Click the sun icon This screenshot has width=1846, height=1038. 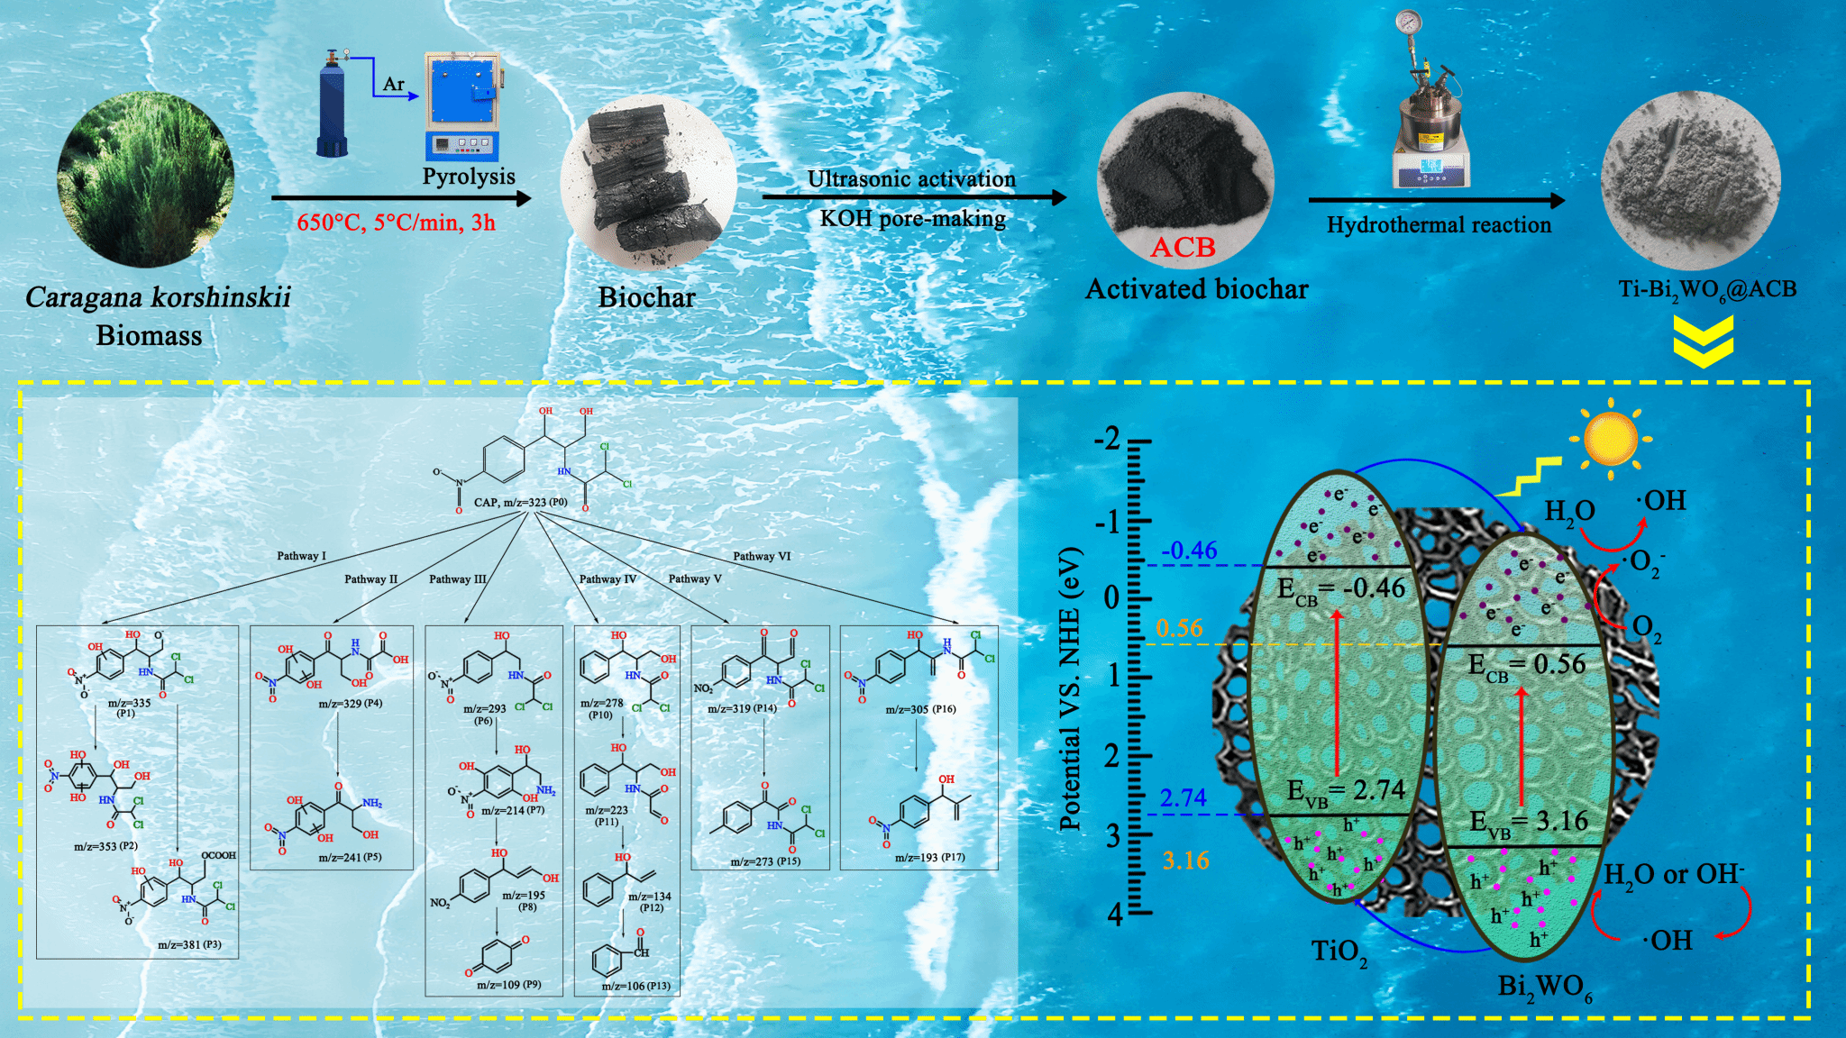1610,439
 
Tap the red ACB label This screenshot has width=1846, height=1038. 1183,247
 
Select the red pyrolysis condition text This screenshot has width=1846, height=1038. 396,223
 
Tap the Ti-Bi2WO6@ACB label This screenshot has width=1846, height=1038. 1706,290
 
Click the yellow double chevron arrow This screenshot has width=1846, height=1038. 1703,342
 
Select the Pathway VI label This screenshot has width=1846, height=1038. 762,556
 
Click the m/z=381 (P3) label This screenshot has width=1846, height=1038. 189,944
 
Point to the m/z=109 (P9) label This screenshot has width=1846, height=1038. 508,985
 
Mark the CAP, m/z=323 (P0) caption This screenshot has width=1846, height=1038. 520,502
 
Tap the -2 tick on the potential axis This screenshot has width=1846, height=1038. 1109,439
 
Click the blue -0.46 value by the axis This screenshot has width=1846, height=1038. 1189,550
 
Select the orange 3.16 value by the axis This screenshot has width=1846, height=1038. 1185,860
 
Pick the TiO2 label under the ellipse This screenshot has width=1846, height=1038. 1339,951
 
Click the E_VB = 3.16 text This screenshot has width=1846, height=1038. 1529,823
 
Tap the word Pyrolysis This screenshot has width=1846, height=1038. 469,177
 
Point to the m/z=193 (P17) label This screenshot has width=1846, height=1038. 929,857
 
